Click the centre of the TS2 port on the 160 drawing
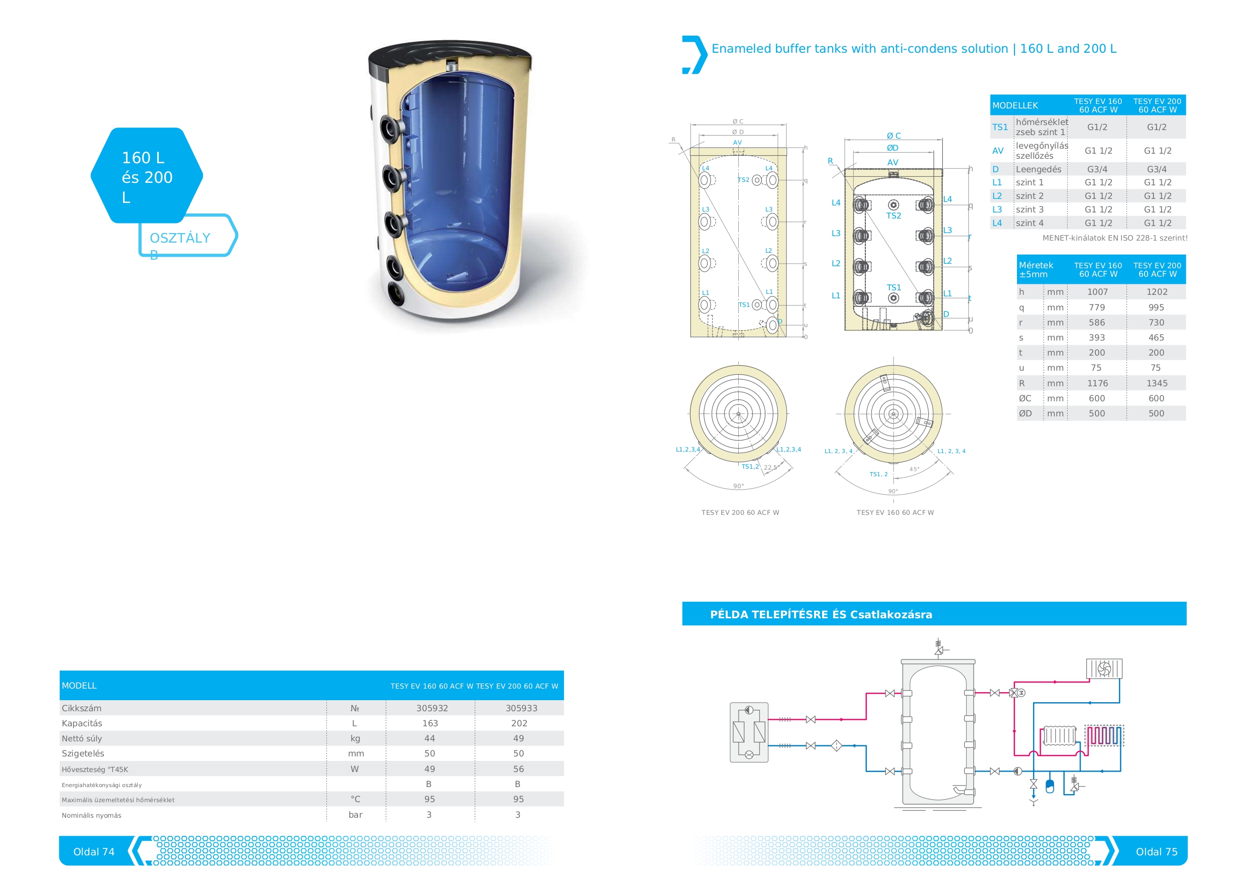click(x=893, y=204)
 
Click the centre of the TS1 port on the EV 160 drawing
click(x=893, y=297)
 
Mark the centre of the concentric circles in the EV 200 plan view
click(x=738, y=414)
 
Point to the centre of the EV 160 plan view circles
click(x=893, y=414)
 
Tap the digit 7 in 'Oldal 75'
click(x=1168, y=852)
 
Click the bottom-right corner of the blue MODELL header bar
click(x=564, y=700)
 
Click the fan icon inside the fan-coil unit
click(x=1104, y=668)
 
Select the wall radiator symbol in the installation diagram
click(x=1058, y=735)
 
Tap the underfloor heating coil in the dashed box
click(x=1104, y=735)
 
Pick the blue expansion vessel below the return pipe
click(x=1050, y=786)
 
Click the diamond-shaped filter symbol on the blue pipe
click(x=836, y=745)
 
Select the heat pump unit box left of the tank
click(x=749, y=732)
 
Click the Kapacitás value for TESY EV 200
click(x=519, y=723)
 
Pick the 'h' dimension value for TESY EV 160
click(x=1097, y=291)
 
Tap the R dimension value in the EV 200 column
click(x=1157, y=383)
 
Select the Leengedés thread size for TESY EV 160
click(x=1097, y=169)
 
